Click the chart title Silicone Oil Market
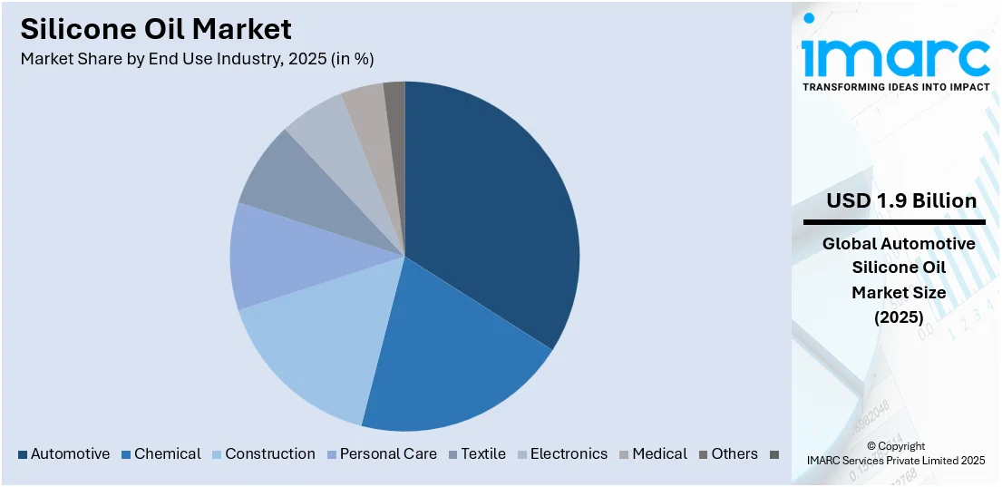(156, 29)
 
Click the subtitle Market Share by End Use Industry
(197, 59)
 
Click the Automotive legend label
(70, 453)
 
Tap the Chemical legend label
(168, 453)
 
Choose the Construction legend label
(270, 453)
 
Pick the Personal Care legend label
(388, 453)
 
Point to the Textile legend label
(483, 453)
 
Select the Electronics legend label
(569, 453)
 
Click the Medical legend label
(660, 453)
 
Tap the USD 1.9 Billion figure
(900, 200)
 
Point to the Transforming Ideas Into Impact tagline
(895, 87)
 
